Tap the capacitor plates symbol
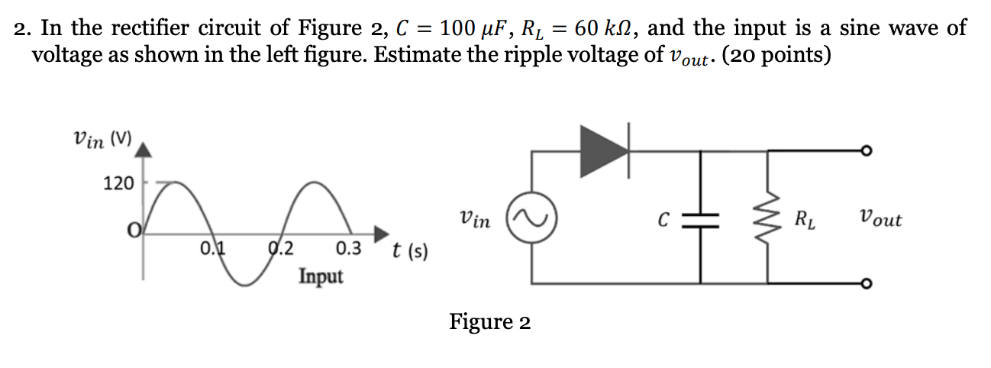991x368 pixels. click(702, 220)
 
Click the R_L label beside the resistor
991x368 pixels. click(803, 221)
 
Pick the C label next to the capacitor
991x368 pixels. click(664, 221)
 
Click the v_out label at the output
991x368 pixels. click(880, 220)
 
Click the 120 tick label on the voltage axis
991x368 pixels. click(118, 183)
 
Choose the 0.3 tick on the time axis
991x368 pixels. click(348, 248)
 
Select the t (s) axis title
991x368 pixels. click(410, 250)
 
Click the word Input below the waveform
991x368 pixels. click(321, 276)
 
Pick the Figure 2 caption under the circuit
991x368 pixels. click(489, 322)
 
